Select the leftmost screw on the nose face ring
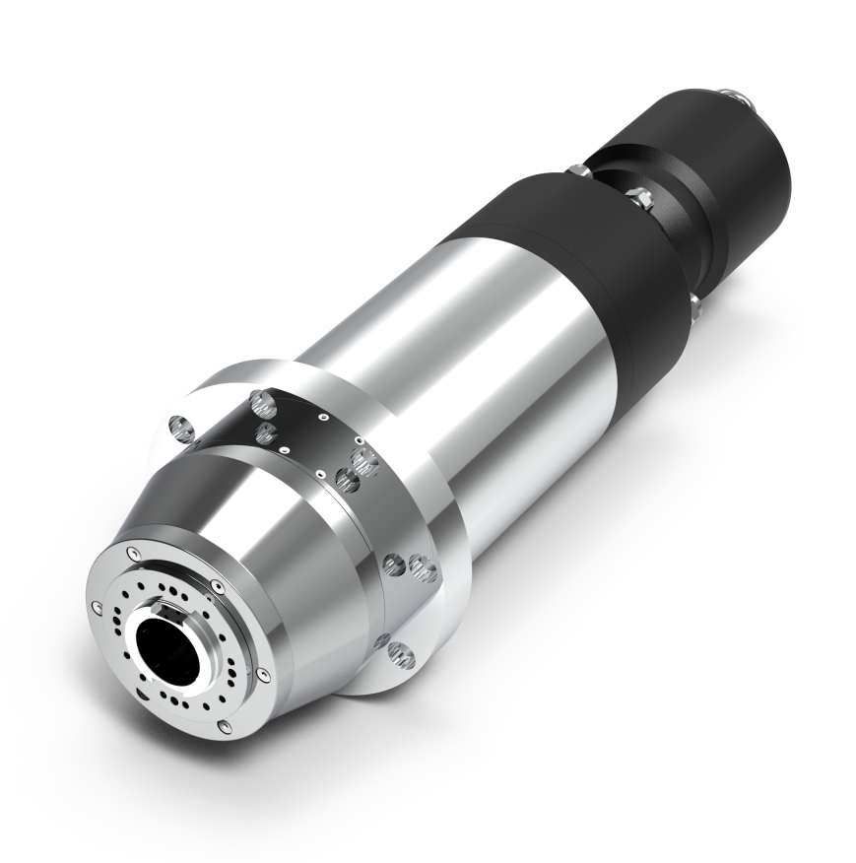pyautogui.click(x=96, y=605)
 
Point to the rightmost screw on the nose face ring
pyautogui.click(x=262, y=672)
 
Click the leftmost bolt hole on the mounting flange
pyautogui.click(x=178, y=428)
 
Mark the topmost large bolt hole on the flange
pyautogui.click(x=261, y=400)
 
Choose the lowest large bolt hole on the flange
pyautogui.click(x=399, y=650)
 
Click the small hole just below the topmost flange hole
pyautogui.click(x=264, y=431)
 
